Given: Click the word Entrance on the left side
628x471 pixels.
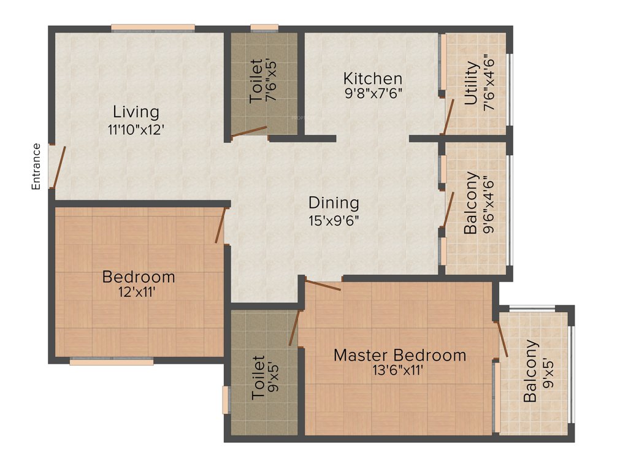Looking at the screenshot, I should click(x=36, y=166).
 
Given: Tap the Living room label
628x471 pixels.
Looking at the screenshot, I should click(x=136, y=112).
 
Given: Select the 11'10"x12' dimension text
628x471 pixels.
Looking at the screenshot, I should click(x=136, y=129).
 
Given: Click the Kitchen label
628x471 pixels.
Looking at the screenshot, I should click(x=372, y=78).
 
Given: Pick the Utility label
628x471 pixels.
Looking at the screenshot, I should click(x=472, y=84).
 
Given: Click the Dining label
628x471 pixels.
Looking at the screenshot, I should click(x=334, y=202).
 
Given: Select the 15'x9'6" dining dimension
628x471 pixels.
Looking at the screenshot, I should click(x=334, y=220).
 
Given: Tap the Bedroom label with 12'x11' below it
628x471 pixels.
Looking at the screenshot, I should click(x=139, y=277).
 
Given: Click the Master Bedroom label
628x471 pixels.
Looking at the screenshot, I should click(x=400, y=355).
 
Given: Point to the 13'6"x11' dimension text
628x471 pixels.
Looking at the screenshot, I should click(x=400, y=370).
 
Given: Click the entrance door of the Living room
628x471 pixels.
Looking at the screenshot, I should click(x=59, y=167).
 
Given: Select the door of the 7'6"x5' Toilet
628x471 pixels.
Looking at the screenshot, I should click(x=248, y=132).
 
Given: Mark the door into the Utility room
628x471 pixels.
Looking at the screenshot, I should click(x=449, y=115).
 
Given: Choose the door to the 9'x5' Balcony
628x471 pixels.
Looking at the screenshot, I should click(x=502, y=338).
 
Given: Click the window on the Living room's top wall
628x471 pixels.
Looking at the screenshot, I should click(x=153, y=28).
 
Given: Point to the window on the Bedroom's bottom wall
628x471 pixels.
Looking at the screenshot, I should click(x=111, y=362).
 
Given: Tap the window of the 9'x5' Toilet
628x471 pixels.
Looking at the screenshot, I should click(x=226, y=400).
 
